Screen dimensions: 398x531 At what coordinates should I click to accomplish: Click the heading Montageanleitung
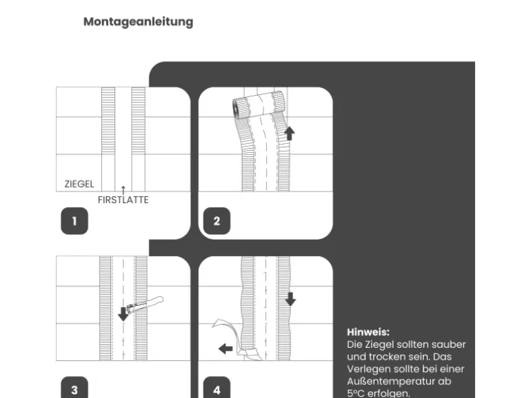[x=138, y=21]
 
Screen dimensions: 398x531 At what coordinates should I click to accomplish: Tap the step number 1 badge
[x=74, y=221]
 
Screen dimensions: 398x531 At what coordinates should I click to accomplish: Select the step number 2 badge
[x=217, y=221]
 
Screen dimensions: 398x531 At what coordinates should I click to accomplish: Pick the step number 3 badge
[x=74, y=390]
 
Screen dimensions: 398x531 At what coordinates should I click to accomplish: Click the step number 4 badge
[x=217, y=390]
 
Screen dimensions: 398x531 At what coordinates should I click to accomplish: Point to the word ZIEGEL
[x=79, y=185]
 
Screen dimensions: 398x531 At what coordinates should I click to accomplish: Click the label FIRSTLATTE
[x=123, y=200]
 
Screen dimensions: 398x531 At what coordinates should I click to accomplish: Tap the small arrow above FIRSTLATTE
[x=123, y=189]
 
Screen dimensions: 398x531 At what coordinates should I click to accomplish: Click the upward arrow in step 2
[x=289, y=132]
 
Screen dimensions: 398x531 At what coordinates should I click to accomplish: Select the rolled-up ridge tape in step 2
[x=258, y=105]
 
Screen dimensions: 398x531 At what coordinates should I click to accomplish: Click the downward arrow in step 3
[x=123, y=313]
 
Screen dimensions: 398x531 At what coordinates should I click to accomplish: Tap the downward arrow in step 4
[x=290, y=298]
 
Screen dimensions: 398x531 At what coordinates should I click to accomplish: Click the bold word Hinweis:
[x=368, y=332]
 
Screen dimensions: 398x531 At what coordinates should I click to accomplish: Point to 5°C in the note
[x=357, y=393]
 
